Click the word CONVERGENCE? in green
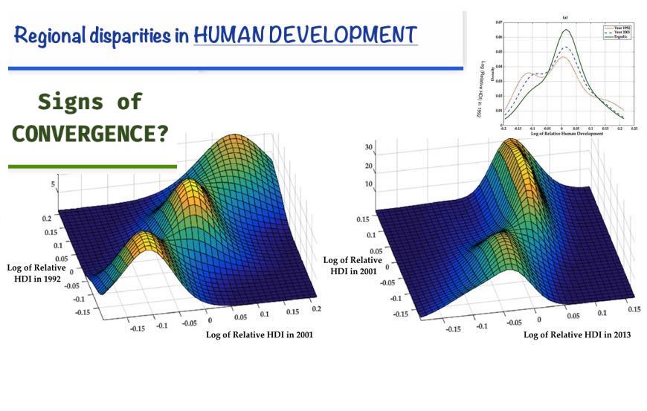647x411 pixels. click(89, 134)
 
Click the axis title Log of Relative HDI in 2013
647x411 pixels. click(577, 334)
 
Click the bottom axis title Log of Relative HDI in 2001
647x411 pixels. click(259, 334)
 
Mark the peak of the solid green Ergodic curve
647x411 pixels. click(567, 30)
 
